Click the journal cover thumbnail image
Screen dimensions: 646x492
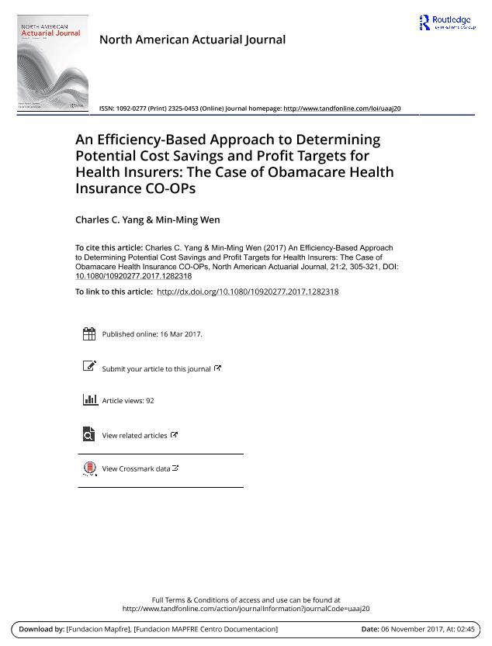click(x=52, y=63)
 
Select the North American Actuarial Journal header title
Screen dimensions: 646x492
click(x=192, y=40)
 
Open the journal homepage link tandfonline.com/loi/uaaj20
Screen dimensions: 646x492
click(x=342, y=109)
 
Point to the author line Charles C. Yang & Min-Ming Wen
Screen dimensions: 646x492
click(x=147, y=219)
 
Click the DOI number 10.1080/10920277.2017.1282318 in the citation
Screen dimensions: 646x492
click(x=133, y=275)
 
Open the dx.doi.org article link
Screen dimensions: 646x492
click(x=248, y=292)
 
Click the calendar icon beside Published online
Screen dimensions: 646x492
click(x=88, y=334)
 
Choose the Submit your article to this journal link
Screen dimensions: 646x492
click(x=157, y=369)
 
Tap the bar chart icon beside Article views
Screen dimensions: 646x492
click(x=88, y=400)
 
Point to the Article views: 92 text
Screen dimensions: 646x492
click(x=128, y=401)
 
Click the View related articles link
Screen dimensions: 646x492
click(x=135, y=436)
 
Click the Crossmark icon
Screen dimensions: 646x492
click(x=88, y=468)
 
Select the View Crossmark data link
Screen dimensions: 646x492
click(x=137, y=469)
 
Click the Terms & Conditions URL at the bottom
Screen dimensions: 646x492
click(x=246, y=609)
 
